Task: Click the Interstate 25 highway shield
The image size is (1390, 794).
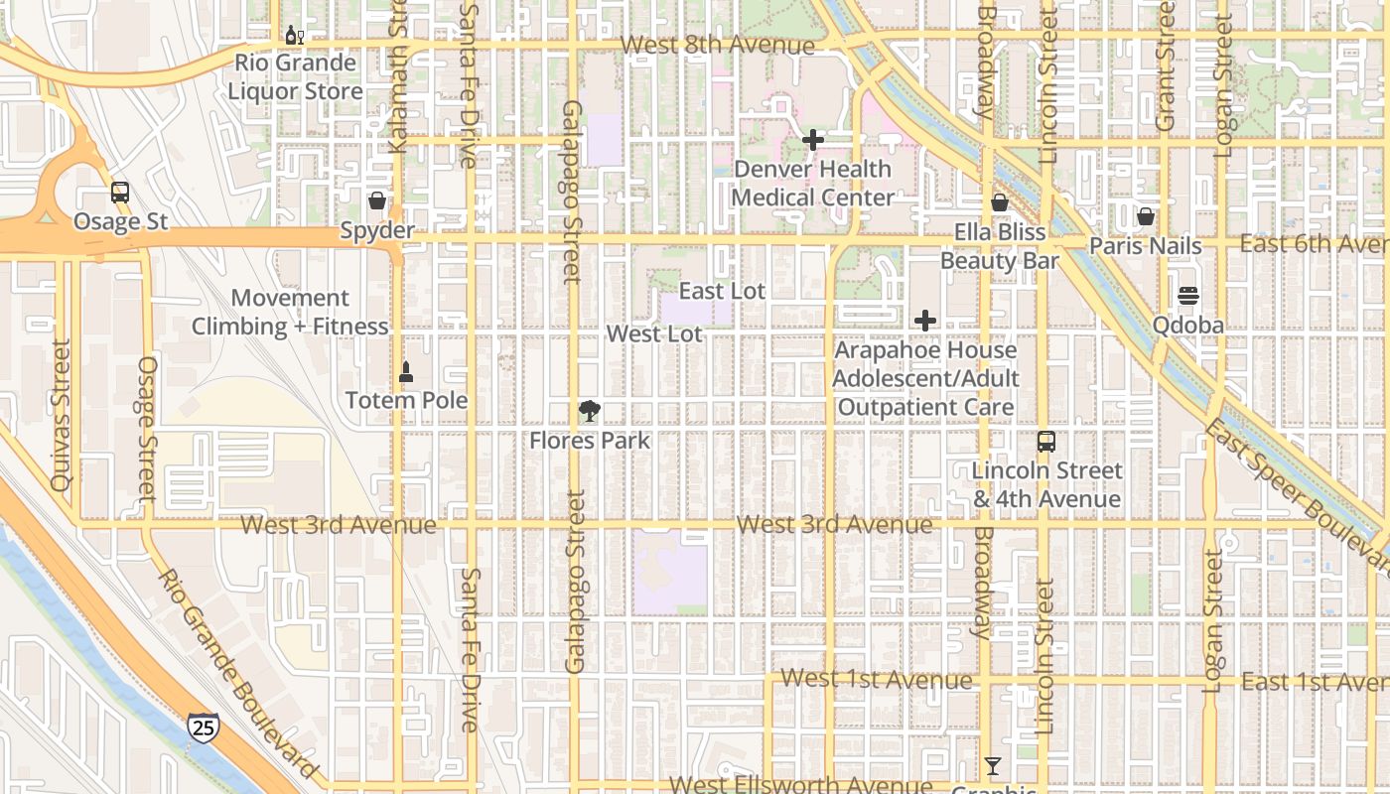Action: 204,728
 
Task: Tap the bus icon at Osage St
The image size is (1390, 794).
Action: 120,193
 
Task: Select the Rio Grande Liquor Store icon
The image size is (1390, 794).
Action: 295,36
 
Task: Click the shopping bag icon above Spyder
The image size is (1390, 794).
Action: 377,201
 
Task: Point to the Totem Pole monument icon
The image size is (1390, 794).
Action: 405,373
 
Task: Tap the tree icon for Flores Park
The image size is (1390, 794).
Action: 590,412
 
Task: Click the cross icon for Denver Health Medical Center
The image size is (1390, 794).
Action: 813,140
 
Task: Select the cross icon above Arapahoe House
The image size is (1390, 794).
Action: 925,321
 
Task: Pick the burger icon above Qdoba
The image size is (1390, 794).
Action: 1188,296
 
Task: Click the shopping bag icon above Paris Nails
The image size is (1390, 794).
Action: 1146,216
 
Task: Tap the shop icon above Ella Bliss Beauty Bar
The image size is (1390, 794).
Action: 1000,202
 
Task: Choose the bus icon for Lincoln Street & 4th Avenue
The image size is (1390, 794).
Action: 1046,442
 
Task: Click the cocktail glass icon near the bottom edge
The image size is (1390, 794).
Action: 992,765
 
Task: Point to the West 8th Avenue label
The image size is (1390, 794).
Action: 717,46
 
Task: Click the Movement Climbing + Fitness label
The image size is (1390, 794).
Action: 290,312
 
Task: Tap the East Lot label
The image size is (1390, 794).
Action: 722,291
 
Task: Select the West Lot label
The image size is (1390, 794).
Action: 654,333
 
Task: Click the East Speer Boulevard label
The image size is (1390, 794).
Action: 1296,495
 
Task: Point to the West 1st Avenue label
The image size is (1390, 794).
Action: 876,680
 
